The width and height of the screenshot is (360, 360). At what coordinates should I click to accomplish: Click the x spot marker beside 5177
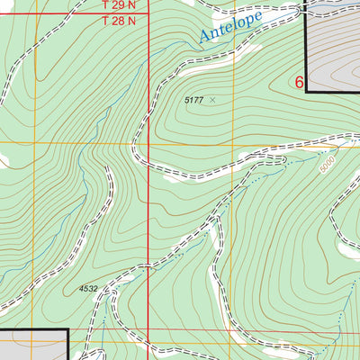click(212, 101)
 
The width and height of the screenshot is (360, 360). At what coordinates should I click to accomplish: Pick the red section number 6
click(300, 82)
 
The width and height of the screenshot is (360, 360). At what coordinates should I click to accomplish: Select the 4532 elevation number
click(88, 289)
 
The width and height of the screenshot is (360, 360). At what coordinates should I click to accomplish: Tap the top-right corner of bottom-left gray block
click(68, 330)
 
